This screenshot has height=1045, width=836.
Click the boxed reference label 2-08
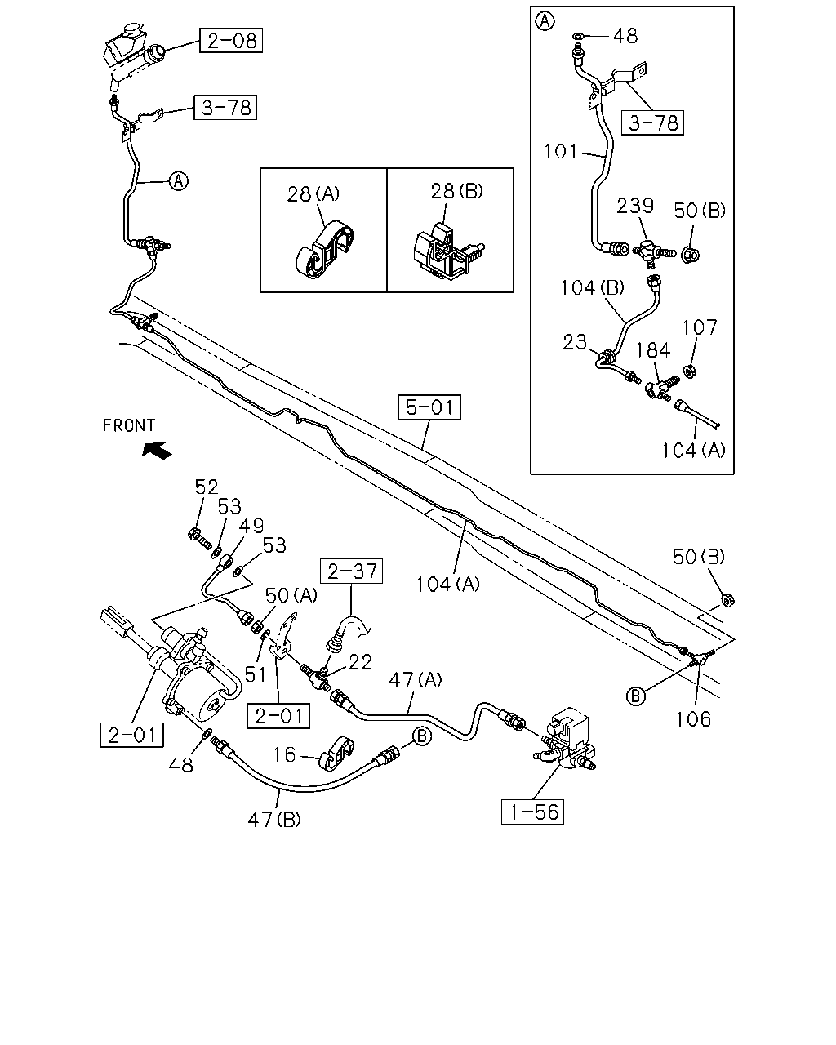click(x=231, y=40)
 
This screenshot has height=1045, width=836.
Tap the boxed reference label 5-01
click(x=429, y=407)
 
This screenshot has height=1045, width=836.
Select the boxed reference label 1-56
click(x=532, y=812)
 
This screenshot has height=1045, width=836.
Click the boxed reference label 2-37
click(x=351, y=571)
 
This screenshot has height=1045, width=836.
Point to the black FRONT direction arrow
click(x=157, y=450)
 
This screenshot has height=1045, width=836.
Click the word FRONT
click(x=129, y=425)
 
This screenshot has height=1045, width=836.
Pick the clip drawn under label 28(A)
click(x=324, y=251)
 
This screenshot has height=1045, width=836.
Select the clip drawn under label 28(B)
click(x=447, y=252)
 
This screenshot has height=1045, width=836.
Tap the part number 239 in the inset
click(x=635, y=206)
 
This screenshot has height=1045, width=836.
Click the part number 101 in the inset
click(x=560, y=152)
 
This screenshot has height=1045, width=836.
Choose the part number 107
click(x=700, y=327)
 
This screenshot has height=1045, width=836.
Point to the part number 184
click(x=653, y=350)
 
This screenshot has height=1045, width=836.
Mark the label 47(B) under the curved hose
click(x=274, y=820)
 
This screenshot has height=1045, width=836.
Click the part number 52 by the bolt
click(x=207, y=487)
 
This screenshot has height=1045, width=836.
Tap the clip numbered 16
click(x=336, y=756)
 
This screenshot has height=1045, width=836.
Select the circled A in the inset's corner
click(x=545, y=21)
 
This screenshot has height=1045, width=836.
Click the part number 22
click(x=360, y=662)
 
